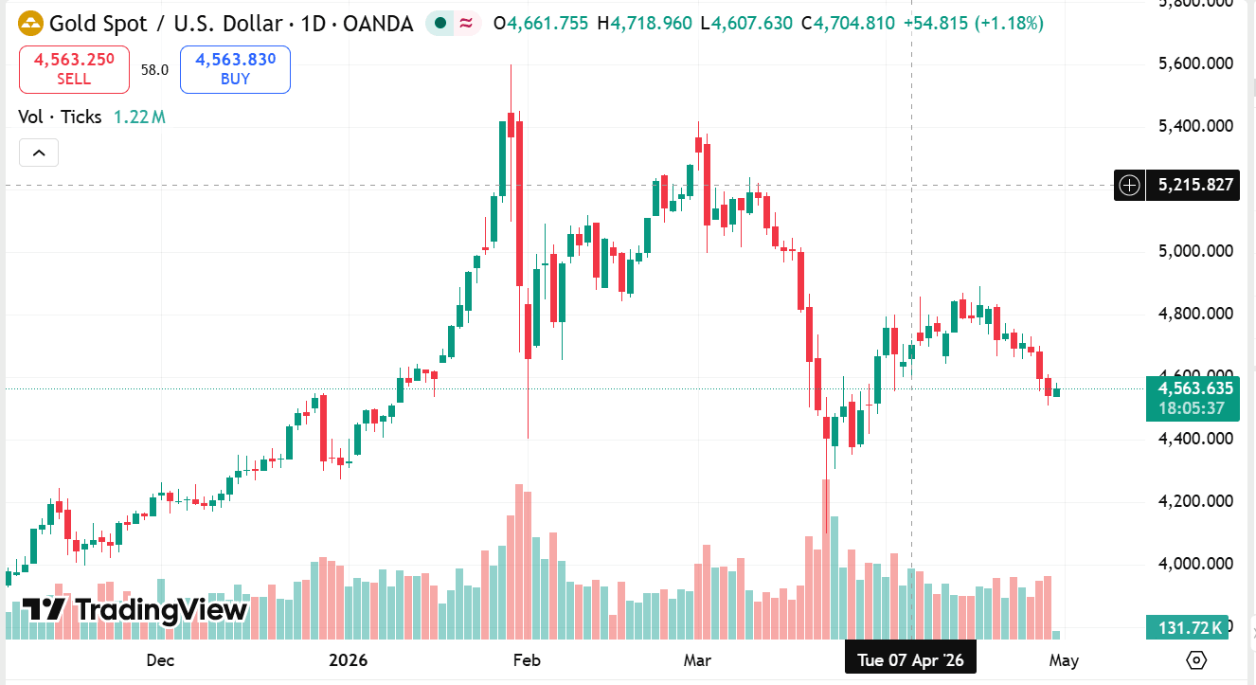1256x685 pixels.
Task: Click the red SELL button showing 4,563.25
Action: pos(74,69)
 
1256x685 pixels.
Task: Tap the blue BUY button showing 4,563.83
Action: pos(235,69)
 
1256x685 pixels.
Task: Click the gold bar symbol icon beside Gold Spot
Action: pos(30,23)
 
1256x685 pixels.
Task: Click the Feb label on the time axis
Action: pos(526,660)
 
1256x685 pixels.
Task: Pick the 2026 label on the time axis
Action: pos(348,660)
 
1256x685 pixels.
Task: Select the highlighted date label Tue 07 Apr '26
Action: pos(909,660)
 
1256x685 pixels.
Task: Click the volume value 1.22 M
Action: pos(139,117)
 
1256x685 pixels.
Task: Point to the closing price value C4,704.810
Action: pos(848,23)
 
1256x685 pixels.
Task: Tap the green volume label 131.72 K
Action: pos(1186,626)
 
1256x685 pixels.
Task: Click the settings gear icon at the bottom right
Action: pos(1196,660)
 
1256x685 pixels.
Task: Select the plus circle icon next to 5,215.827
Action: pos(1129,185)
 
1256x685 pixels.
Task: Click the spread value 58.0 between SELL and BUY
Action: pos(154,69)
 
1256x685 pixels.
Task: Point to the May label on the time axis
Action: pos(1063,660)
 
